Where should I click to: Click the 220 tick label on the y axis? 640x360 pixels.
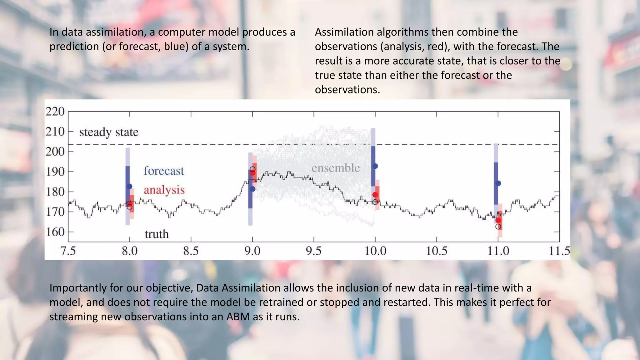[55, 111]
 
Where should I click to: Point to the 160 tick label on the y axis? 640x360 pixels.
[55, 232]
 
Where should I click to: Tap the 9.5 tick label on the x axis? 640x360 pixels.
[313, 251]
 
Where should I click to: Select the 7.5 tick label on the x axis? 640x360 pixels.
[68, 251]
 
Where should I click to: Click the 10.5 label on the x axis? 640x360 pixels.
[437, 251]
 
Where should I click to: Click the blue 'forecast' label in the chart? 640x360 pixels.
[164, 171]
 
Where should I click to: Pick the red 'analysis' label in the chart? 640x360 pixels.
[164, 190]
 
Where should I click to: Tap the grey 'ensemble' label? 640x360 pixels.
[336, 168]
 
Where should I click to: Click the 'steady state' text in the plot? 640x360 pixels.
[109, 132]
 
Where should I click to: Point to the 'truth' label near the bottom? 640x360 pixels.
[157, 234]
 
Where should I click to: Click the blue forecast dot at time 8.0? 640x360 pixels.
[130, 187]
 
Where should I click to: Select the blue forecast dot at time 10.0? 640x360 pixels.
[375, 166]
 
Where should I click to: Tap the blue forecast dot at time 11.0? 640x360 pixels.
[498, 183]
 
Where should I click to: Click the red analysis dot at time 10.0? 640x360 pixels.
[375, 195]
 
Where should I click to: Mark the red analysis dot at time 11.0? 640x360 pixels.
[498, 220]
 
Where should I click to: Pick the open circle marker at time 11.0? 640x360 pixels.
[498, 227]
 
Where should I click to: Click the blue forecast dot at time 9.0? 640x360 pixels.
[252, 189]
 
